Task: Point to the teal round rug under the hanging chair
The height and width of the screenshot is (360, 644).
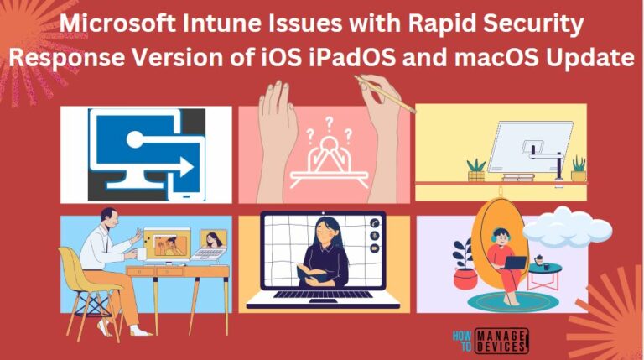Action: [502, 300]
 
